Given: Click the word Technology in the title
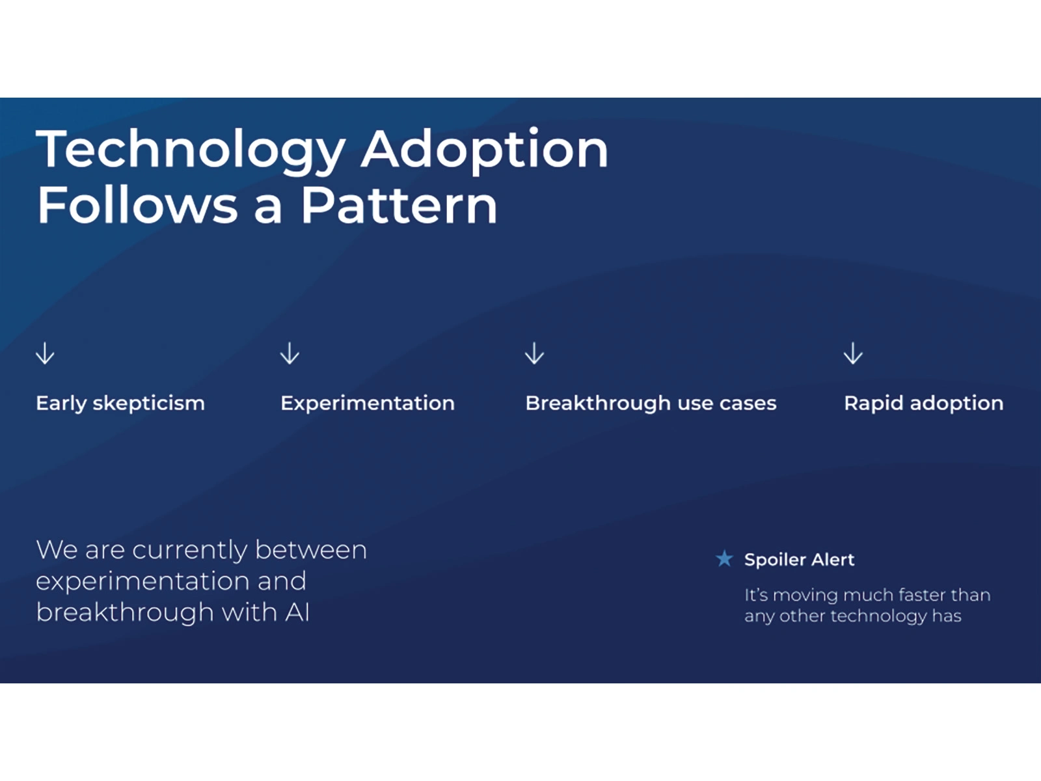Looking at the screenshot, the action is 191,150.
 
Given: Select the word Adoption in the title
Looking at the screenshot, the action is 485,150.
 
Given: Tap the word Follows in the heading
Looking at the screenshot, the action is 137,205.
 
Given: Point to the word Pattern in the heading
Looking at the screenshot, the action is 399,205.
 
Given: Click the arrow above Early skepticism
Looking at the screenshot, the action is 45,353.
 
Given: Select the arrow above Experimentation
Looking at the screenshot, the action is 290,353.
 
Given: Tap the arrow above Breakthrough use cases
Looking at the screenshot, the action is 534,353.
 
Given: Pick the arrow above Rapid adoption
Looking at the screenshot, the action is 853,353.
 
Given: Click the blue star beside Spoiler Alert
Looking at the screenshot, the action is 724,558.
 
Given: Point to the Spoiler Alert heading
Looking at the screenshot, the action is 800,560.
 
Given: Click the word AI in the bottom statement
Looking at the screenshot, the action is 297,612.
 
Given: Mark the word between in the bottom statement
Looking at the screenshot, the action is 311,550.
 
